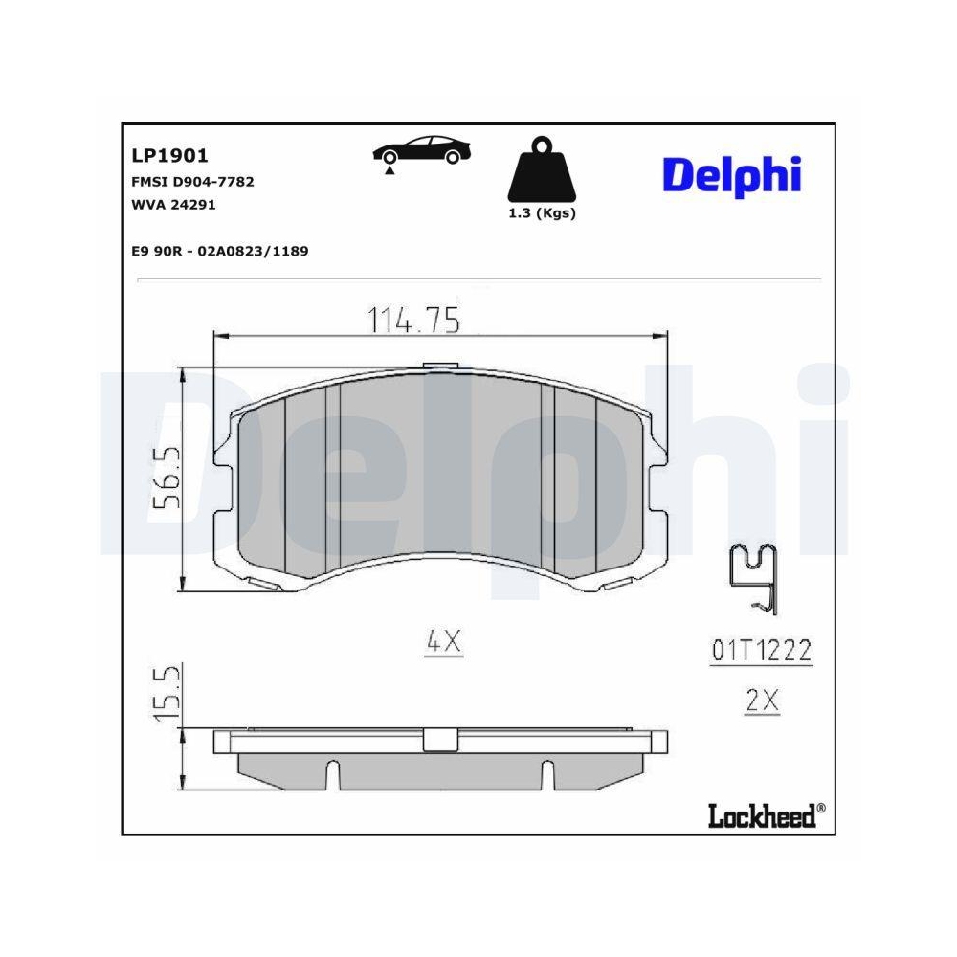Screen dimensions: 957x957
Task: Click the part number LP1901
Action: point(168,156)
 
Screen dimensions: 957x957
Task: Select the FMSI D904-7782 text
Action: point(191,181)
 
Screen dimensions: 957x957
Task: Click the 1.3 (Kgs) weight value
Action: point(542,213)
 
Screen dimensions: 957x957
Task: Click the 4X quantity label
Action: point(443,643)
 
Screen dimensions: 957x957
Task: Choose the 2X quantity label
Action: point(762,701)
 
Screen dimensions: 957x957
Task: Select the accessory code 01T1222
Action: point(762,652)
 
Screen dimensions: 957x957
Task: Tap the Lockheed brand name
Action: point(761,815)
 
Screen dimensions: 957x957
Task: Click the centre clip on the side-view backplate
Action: point(440,740)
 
